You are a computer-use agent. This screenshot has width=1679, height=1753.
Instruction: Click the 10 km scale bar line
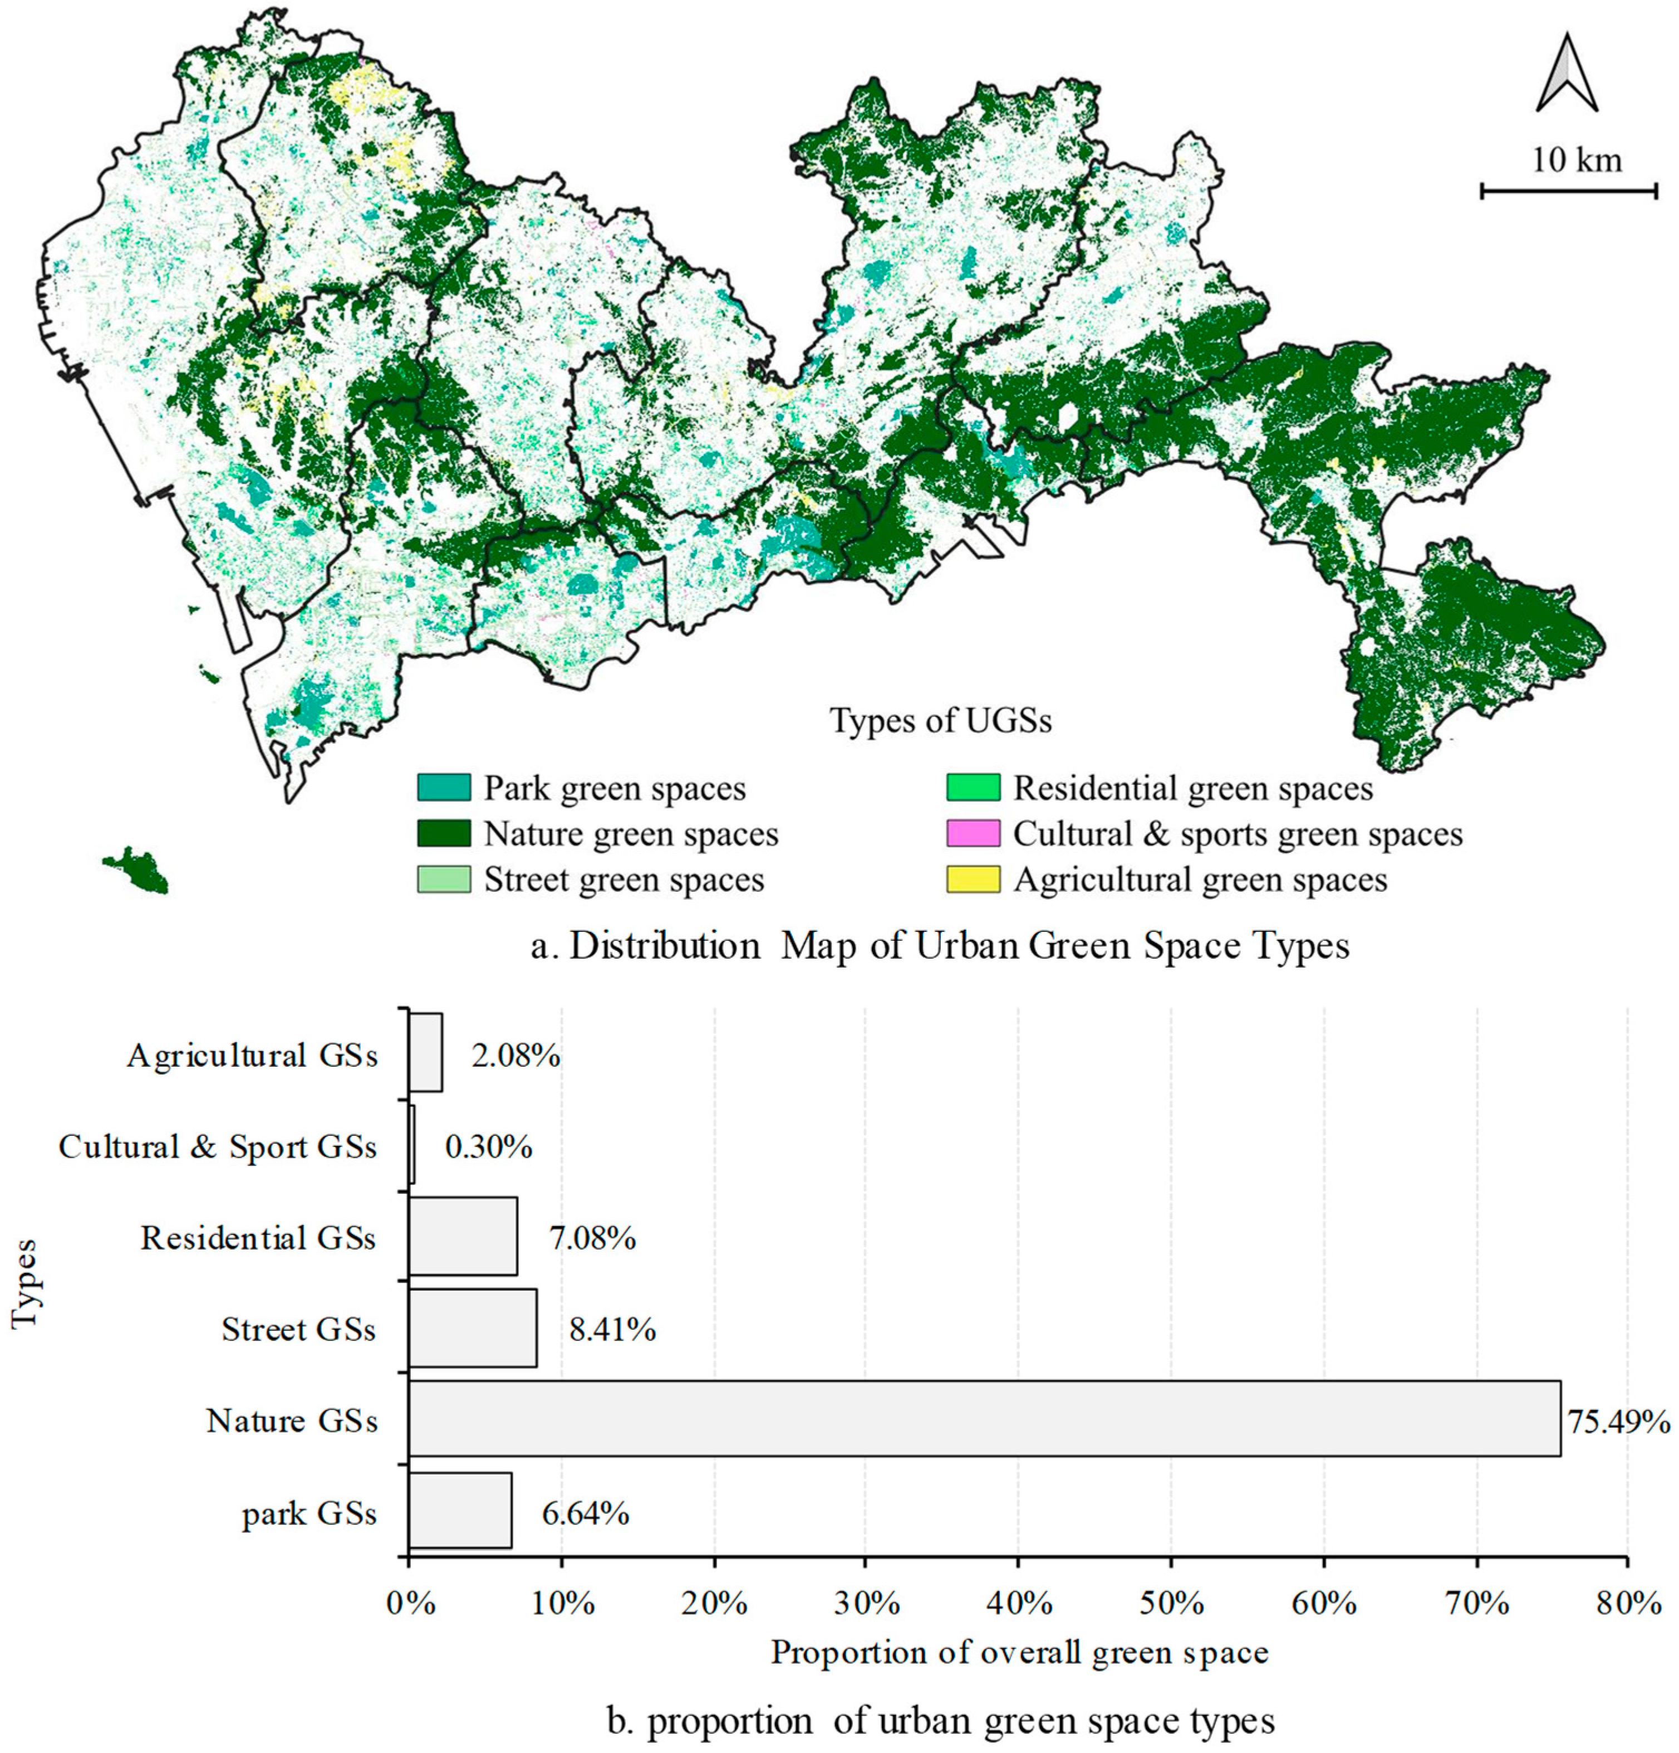1568,191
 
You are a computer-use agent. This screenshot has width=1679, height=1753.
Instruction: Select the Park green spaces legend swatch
444,787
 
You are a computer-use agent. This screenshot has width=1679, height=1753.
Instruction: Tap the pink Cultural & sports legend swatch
973,833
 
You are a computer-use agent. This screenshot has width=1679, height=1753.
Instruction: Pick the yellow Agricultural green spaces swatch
973,879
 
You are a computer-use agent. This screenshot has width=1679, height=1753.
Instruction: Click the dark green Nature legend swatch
444,833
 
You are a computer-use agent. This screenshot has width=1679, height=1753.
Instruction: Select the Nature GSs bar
984,1419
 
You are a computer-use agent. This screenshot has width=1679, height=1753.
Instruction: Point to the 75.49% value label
1618,1421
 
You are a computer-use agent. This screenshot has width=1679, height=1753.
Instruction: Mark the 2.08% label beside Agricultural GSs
516,1056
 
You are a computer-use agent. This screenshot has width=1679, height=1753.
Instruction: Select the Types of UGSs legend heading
940,720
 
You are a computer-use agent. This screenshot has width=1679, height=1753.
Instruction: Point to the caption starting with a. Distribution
939,945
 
